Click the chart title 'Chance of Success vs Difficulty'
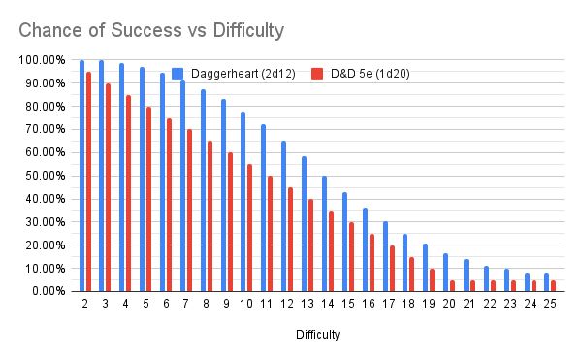pos(151,30)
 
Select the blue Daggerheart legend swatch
pos(178,73)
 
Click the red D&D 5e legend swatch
pos(316,73)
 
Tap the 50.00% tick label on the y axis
pos(41,176)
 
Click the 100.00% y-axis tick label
pos(39,60)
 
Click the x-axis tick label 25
pos(550,304)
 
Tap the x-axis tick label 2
pos(85,304)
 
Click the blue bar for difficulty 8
pos(203,190)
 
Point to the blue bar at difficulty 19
pos(425,267)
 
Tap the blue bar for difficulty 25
pos(546,281)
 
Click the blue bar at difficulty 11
pos(263,208)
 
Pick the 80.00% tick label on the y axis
pos(41,107)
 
